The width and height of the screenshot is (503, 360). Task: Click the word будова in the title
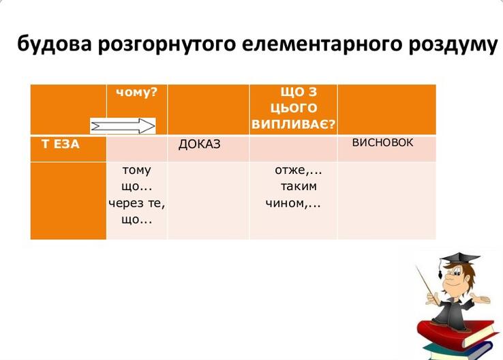[x=55, y=44]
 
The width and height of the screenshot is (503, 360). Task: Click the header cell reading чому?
[x=137, y=93]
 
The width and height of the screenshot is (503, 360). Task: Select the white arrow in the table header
[x=123, y=125]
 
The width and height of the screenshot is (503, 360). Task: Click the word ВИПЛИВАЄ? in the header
[x=294, y=124]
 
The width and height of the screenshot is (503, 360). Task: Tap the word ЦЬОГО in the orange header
[x=294, y=108]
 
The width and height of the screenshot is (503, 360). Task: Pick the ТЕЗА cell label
[x=60, y=144]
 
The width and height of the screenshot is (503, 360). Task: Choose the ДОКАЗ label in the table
[x=199, y=145]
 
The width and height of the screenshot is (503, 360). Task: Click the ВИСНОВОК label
[x=382, y=142]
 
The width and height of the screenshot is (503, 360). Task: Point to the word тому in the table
[x=137, y=170]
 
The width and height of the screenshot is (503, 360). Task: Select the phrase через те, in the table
[x=137, y=203]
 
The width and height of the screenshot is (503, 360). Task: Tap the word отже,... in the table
[x=299, y=170]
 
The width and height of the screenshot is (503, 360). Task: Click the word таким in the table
[x=299, y=186]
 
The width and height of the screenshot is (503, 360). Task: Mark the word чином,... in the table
[x=293, y=203]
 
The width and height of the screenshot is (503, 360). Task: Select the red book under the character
[x=455, y=333]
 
